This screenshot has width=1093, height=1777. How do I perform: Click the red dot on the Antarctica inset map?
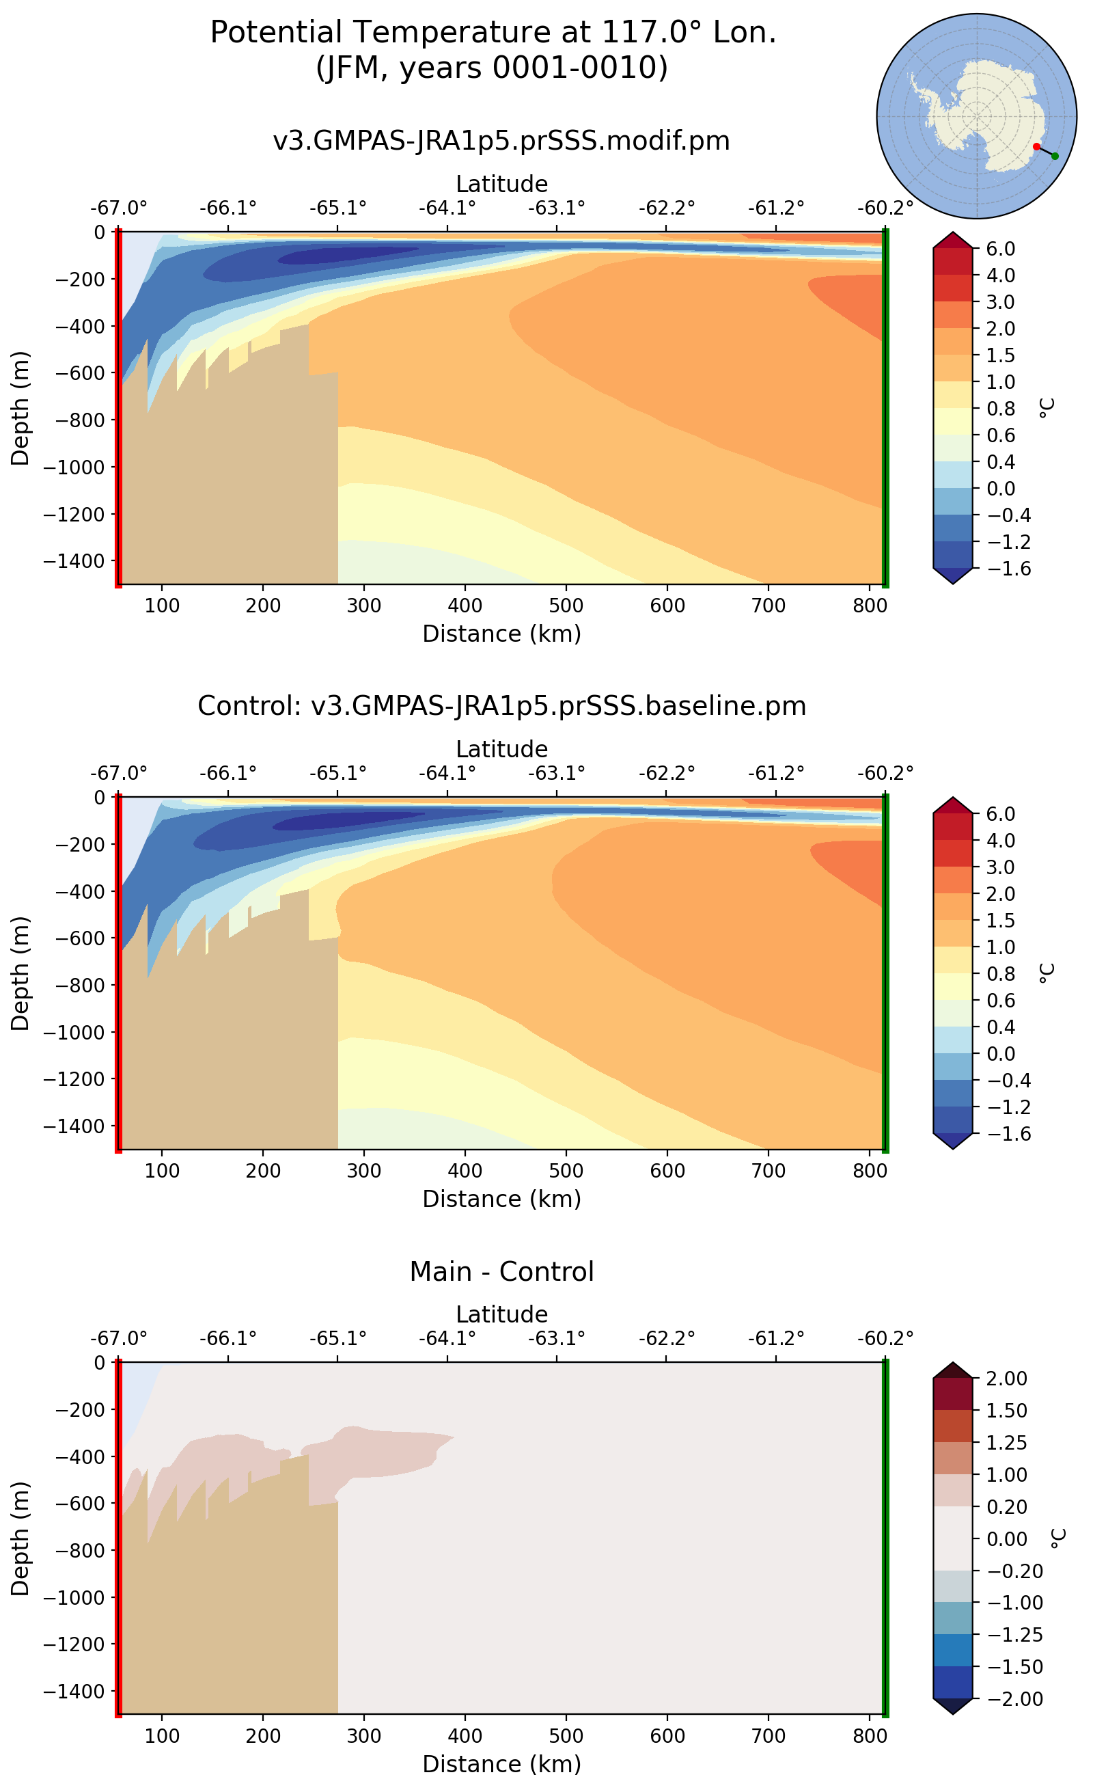[1036, 147]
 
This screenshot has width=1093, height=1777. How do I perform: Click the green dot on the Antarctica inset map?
[1055, 157]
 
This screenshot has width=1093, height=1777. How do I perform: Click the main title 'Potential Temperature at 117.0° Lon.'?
[493, 33]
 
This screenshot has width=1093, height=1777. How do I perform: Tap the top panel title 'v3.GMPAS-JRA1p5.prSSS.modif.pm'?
[501, 140]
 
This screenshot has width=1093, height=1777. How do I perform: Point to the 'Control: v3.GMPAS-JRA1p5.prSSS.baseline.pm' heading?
[501, 705]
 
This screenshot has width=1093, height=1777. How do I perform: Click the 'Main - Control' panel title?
[501, 1271]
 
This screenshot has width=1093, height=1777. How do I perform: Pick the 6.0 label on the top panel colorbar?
[1001, 249]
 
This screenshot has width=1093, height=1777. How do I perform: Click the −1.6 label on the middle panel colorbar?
[1001, 1133]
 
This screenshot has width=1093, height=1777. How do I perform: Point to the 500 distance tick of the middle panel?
[566, 1170]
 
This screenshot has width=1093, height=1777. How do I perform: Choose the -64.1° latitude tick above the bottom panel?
[447, 1338]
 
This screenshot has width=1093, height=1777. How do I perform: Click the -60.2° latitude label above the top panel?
[885, 208]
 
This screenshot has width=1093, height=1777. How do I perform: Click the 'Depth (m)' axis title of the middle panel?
[20, 973]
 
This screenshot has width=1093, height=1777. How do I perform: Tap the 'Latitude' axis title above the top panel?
[501, 184]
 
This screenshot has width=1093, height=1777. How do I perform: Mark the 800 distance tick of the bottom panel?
[870, 1736]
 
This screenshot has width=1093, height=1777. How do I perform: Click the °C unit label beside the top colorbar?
[1047, 408]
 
